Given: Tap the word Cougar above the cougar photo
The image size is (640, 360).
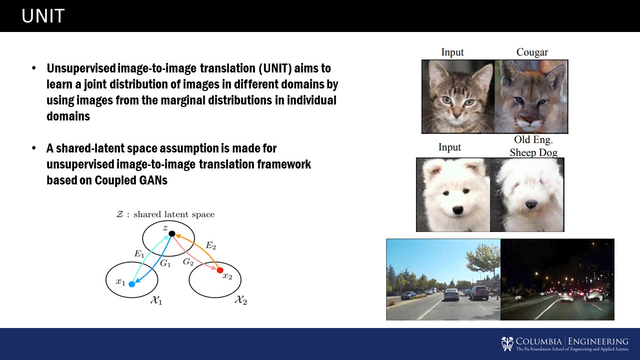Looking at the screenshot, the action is [532, 52].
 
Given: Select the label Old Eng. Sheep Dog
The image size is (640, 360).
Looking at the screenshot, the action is [533, 146].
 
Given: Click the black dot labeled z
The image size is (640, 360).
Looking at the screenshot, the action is [171, 233].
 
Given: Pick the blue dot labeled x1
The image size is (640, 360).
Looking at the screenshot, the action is [131, 284].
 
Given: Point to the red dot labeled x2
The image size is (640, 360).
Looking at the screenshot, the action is [220, 270].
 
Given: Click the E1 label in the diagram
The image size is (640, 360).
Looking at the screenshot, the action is [139, 253].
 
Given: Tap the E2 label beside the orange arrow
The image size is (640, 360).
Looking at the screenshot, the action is [211, 245].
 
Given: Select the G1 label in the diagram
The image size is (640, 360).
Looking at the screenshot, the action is [165, 263].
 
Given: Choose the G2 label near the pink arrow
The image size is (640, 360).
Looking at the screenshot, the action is [188, 261].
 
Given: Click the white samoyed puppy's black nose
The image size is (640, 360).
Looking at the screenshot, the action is [457, 210].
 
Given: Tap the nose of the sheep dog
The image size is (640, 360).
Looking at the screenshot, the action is [531, 204].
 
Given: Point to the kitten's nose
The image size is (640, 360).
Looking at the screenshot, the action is [456, 115].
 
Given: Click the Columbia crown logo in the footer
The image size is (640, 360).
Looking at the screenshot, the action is [507, 343].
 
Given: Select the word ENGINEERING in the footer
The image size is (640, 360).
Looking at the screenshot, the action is [598, 341].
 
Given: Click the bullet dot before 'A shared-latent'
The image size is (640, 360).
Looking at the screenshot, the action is [34, 148].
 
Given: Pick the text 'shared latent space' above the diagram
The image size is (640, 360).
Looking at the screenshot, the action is [174, 214].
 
